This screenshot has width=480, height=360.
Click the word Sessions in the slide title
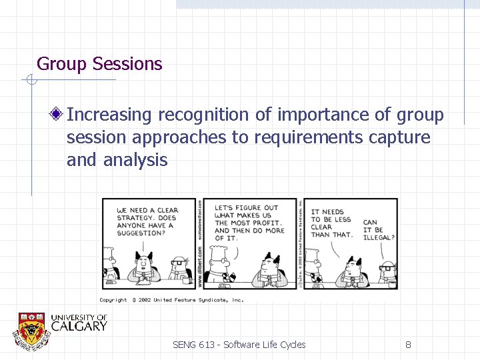click(127, 64)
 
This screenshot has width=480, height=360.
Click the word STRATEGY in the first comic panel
click(136, 218)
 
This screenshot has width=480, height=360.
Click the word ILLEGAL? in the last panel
click(379, 237)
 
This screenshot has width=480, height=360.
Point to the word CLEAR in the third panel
click(321, 227)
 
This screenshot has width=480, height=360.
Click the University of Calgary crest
click(31, 329)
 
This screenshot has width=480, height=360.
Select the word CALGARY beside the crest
click(79, 327)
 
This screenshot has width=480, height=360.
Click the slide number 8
click(408, 345)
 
